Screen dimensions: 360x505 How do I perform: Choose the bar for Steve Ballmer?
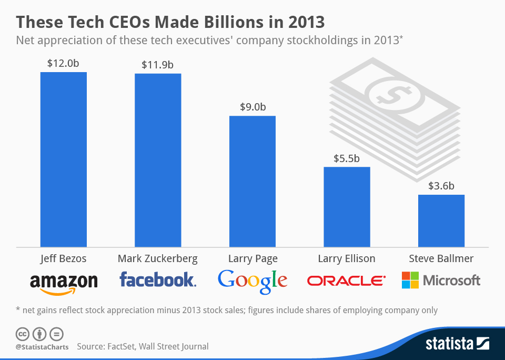(x=441, y=221)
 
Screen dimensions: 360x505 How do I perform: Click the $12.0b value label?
(x=64, y=63)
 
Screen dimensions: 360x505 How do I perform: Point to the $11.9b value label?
(x=158, y=65)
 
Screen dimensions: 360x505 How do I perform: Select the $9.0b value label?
(x=252, y=107)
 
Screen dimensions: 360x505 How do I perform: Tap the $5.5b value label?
(x=347, y=158)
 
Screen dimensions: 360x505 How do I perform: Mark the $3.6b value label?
(x=441, y=186)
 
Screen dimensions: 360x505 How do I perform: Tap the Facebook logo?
(x=158, y=279)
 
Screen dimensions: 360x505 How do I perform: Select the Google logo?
(x=252, y=281)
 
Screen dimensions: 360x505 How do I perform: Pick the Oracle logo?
(x=346, y=281)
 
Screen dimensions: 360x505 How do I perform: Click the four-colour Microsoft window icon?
(x=410, y=280)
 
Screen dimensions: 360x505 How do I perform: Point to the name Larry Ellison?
(x=347, y=258)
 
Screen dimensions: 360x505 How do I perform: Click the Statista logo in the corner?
(x=457, y=344)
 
